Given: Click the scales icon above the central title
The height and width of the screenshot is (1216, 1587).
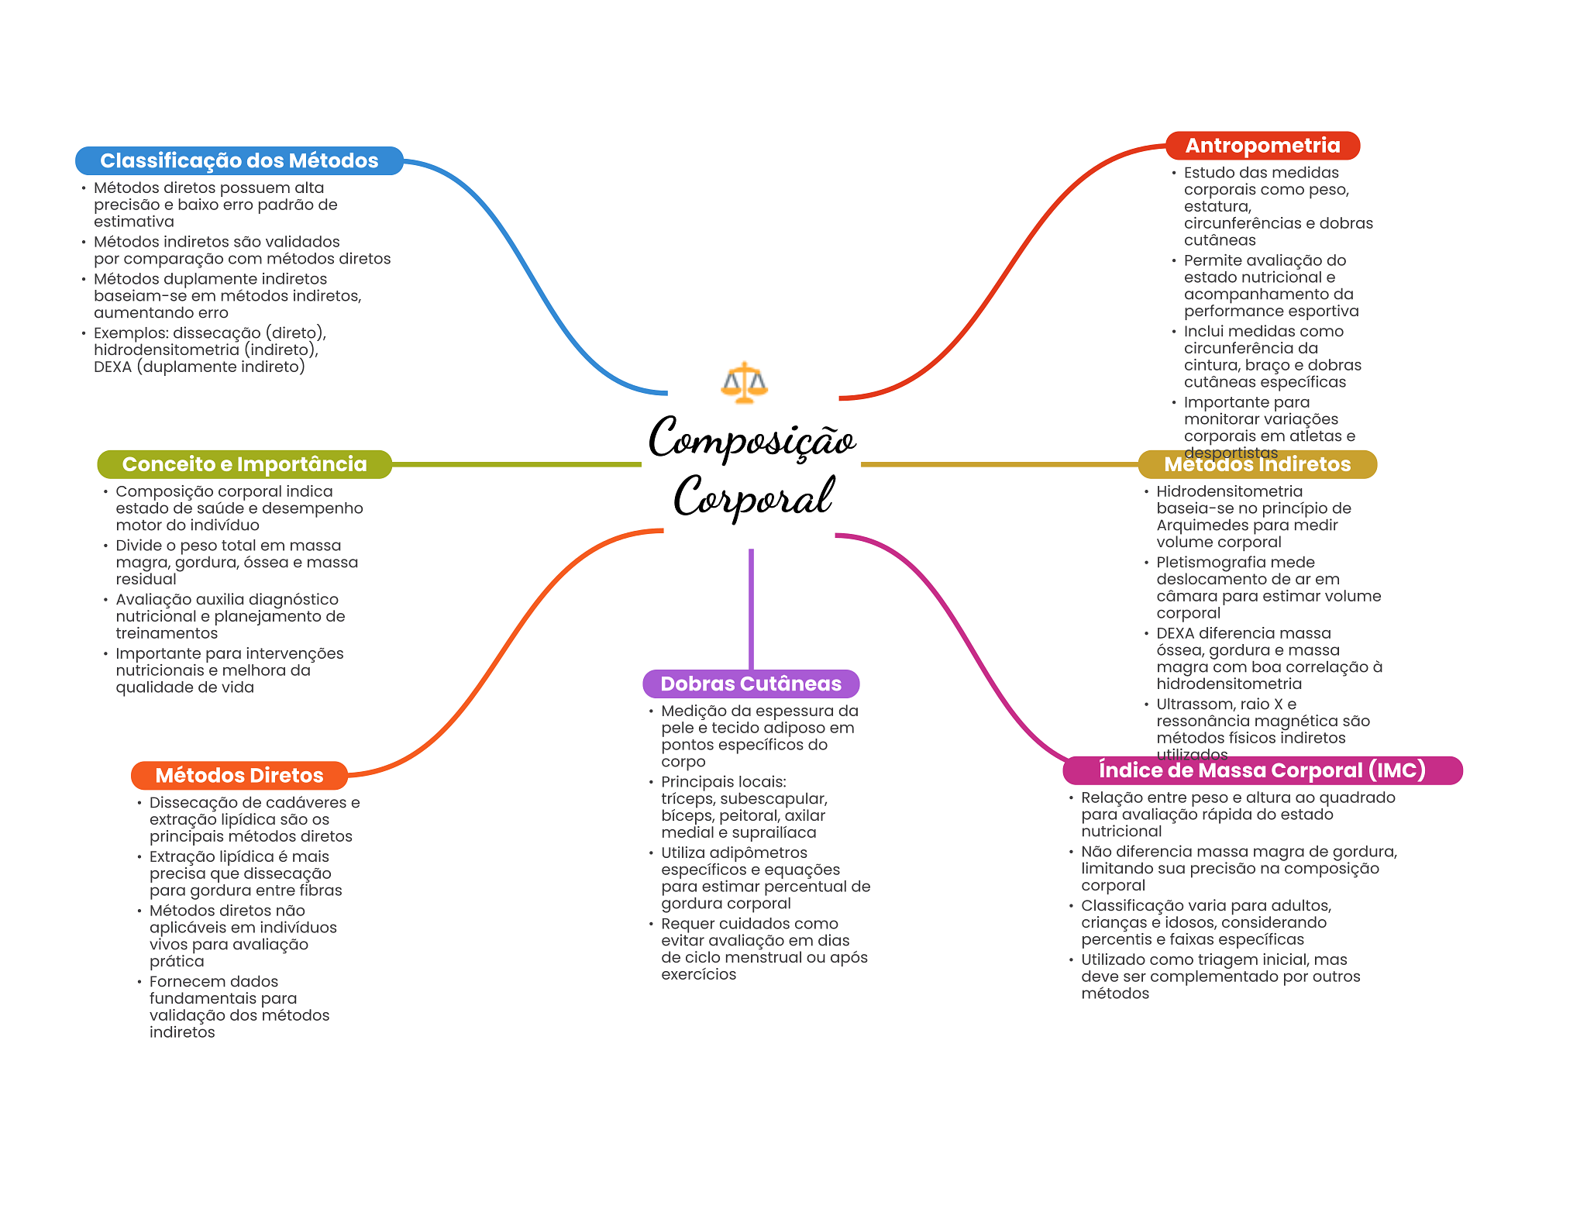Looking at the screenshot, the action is tap(744, 382).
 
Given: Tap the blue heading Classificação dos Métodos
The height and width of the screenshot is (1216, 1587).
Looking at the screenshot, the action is tap(239, 160).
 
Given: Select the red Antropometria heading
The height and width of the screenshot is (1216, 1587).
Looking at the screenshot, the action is tap(1262, 146).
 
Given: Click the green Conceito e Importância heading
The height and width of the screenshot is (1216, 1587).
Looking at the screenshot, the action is tap(244, 464).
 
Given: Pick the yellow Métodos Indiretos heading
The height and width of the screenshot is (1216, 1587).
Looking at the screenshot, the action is tap(1257, 465).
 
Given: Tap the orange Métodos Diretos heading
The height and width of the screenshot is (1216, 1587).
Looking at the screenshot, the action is tap(239, 775).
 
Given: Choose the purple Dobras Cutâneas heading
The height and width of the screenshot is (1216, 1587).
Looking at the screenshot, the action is tap(750, 684).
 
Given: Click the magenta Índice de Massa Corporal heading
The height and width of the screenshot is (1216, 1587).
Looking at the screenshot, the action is tap(1262, 770).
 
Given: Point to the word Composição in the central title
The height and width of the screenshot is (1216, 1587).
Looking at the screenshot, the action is tap(752, 438).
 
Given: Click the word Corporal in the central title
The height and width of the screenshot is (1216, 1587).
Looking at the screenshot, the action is tap(753, 496).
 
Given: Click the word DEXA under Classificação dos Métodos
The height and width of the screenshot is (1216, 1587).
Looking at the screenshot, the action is tap(112, 367).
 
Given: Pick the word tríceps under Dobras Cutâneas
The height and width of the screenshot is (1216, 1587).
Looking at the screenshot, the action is tap(687, 799).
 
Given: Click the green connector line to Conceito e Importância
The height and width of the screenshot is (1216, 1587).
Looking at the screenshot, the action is tap(515, 464).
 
